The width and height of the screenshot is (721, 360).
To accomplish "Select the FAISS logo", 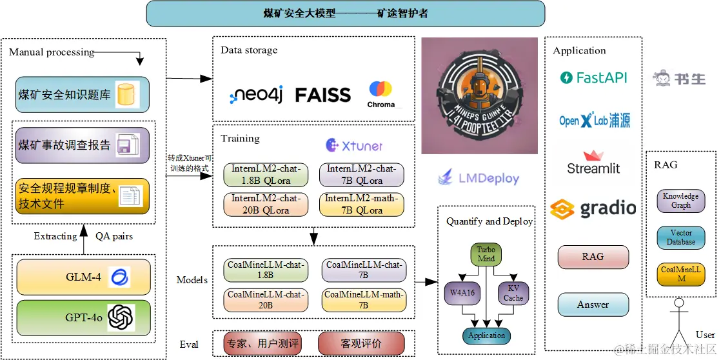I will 322,95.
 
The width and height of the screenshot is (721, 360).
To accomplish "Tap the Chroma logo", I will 380,94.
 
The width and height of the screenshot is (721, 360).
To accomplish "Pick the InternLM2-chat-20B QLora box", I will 266,204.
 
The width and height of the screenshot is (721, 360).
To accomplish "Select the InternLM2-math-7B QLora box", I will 361,204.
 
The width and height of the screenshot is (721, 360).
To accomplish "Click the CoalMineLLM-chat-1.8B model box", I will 266,270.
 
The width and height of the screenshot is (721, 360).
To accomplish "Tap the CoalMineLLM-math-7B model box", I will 363,300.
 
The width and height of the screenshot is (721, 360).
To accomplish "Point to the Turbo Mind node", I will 486,254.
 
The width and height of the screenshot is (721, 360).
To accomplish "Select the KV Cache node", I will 513,292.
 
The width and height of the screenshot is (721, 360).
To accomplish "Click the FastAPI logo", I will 593,78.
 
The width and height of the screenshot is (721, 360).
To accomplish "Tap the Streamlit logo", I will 593,163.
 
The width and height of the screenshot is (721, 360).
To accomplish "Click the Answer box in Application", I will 593,305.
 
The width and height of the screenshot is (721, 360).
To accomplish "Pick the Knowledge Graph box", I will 680,201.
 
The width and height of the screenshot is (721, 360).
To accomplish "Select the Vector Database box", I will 680,237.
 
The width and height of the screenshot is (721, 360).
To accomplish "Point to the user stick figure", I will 677,323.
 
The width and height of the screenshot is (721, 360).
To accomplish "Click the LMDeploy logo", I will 478,177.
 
